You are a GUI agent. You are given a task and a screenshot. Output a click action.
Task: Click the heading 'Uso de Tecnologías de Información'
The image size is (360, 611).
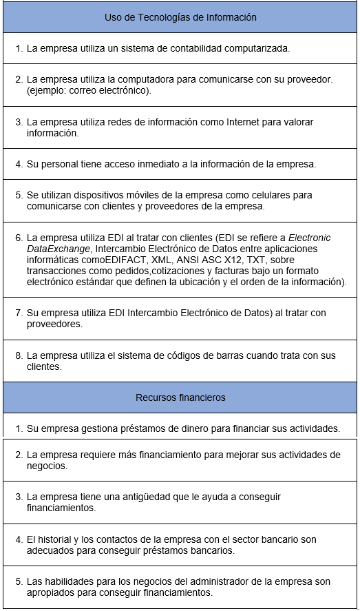click(x=180, y=17)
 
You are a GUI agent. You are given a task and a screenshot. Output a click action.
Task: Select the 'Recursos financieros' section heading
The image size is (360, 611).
click(x=180, y=397)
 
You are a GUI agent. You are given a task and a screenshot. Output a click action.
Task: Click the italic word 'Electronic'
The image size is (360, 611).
click(x=308, y=238)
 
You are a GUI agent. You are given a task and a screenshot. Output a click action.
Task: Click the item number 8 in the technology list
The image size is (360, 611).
click(x=19, y=355)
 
